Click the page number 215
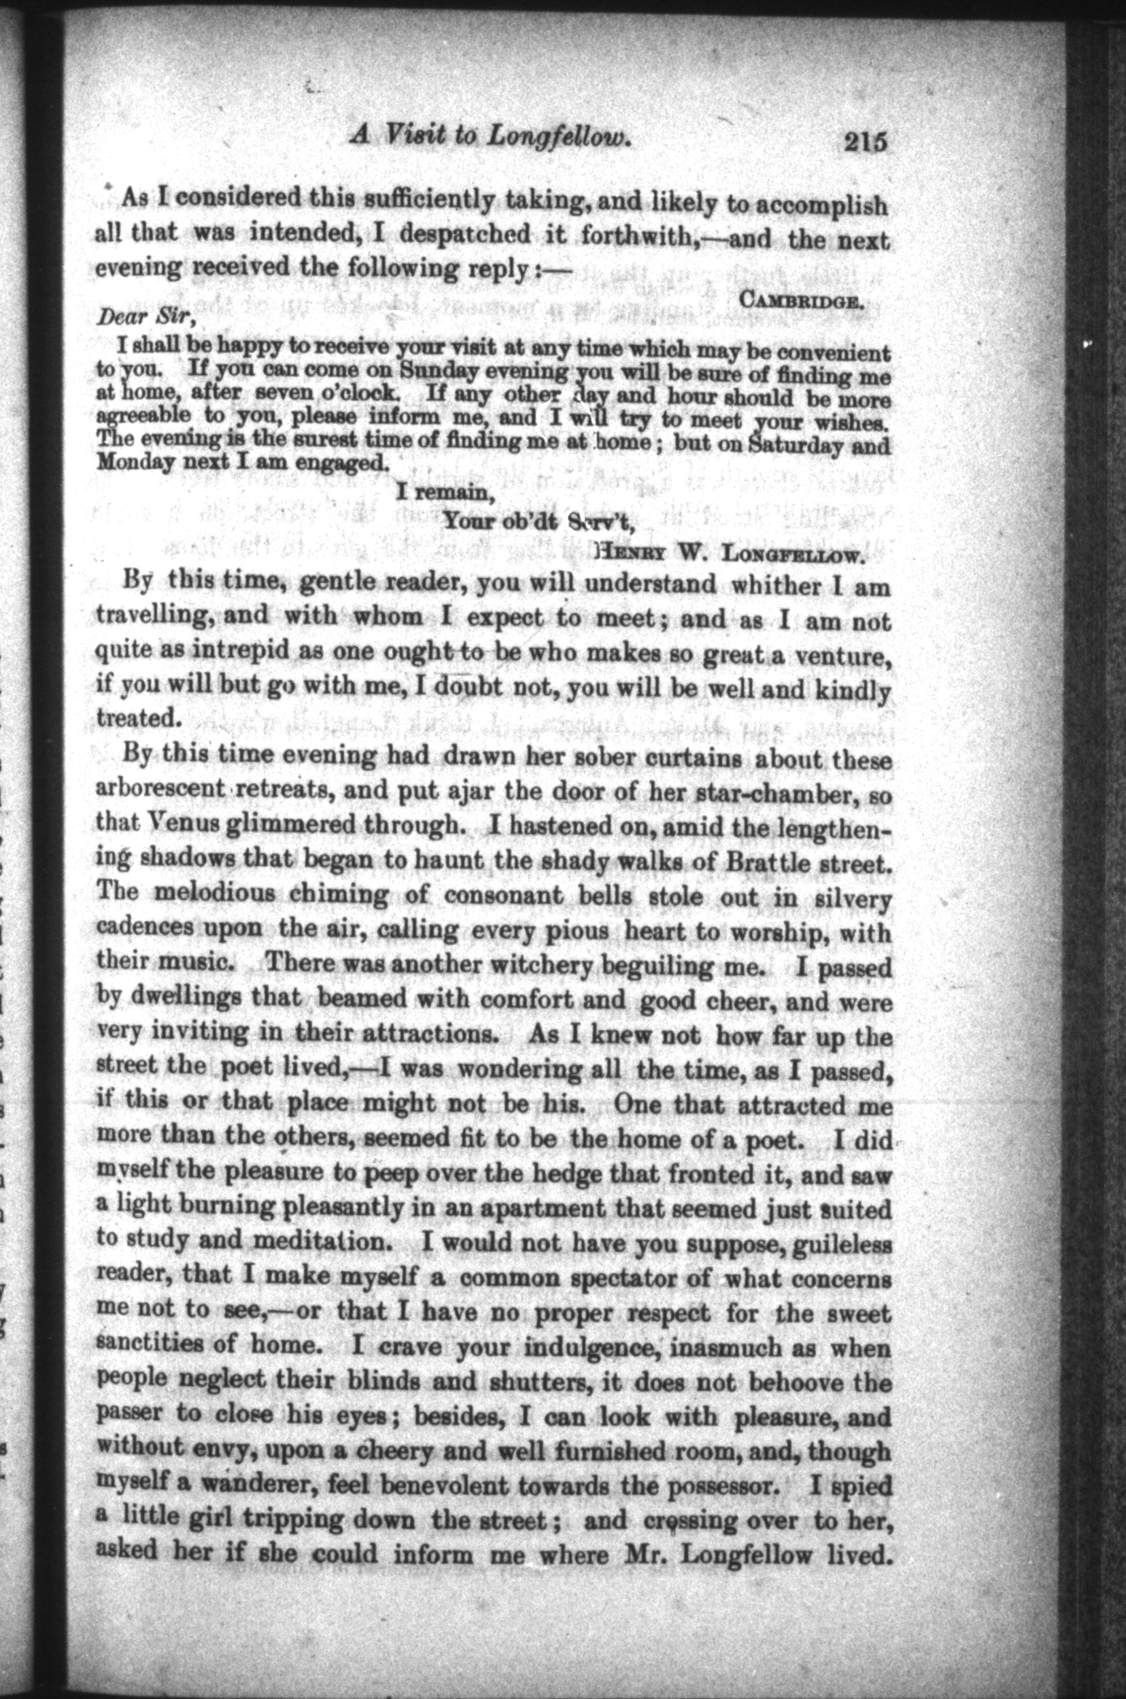click(866, 139)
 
